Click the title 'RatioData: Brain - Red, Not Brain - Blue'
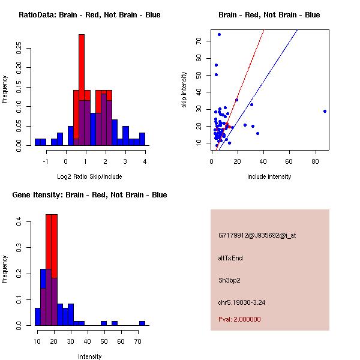tap(89, 15)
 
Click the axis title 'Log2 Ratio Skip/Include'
tap(89, 176)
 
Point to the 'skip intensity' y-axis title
tap(184, 90)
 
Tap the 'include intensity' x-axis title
tap(269, 176)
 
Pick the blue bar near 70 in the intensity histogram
tap(142, 323)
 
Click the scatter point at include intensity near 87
tap(325, 111)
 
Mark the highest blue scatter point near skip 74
tap(220, 34)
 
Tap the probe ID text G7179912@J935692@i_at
tap(257, 235)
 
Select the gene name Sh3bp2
tap(229, 280)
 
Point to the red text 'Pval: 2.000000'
tap(239, 319)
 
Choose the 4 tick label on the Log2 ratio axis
tap(145, 161)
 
